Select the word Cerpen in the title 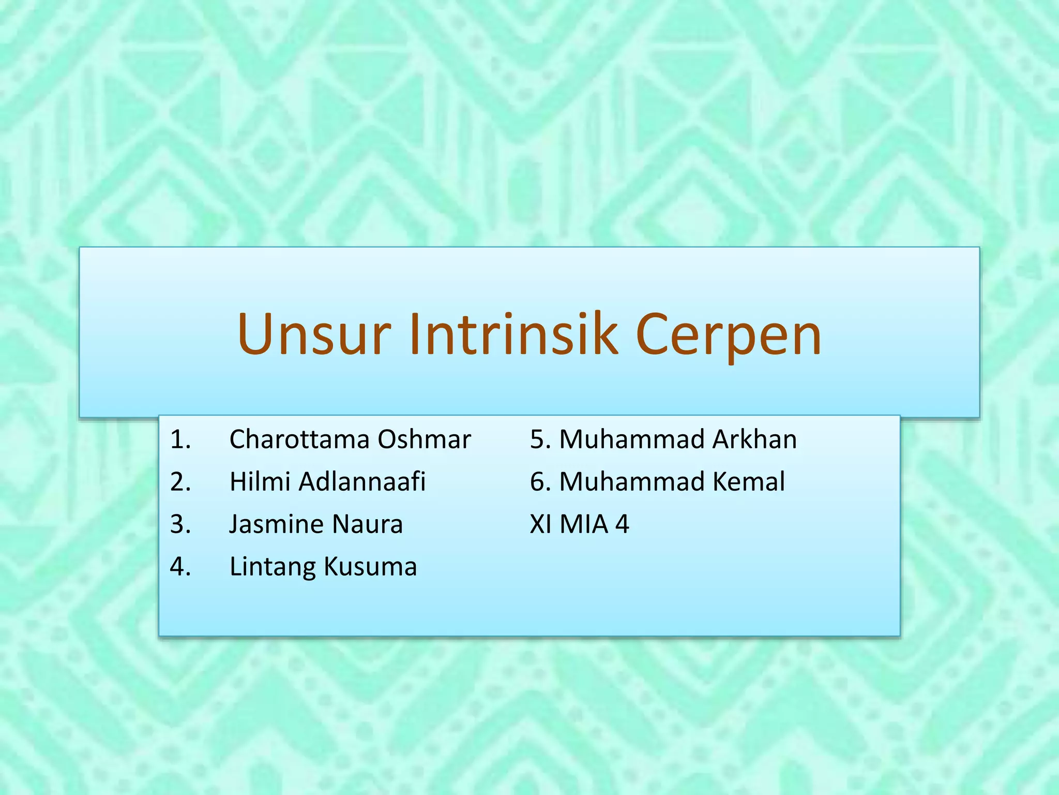[728, 335]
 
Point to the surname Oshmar [424, 439]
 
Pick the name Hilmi [259, 482]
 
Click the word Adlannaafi [362, 482]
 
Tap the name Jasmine [276, 524]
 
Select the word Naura [367, 524]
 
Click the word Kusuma [370, 567]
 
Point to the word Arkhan [754, 439]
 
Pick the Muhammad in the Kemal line [632, 482]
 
